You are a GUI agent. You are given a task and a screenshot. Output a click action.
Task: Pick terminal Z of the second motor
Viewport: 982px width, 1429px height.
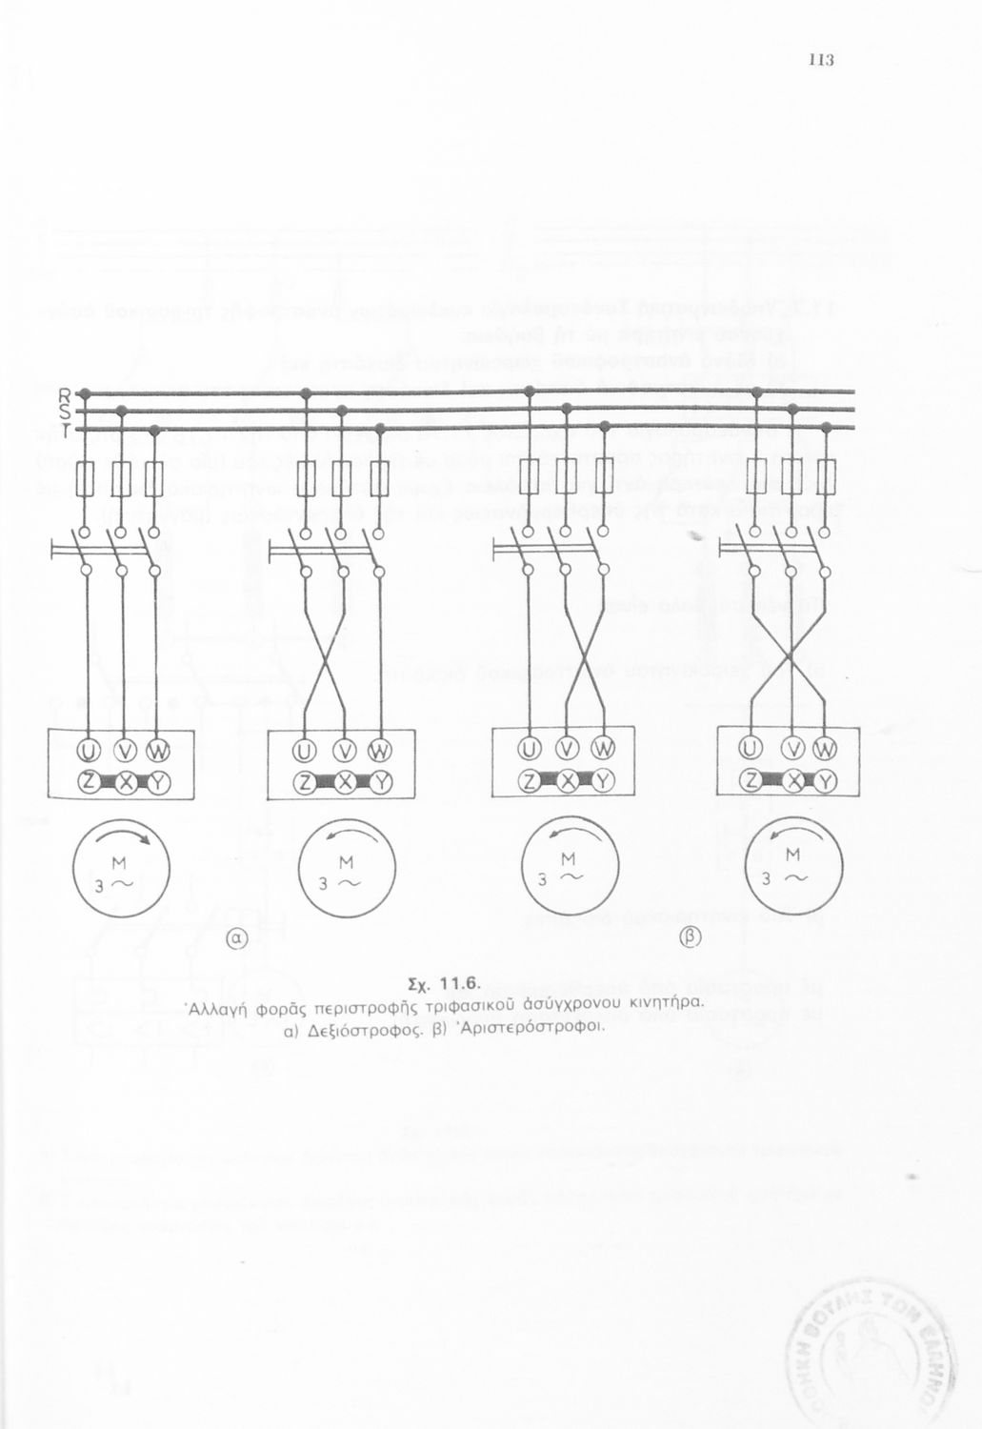point(305,783)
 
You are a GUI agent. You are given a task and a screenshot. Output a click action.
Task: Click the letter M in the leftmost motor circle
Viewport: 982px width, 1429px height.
point(121,863)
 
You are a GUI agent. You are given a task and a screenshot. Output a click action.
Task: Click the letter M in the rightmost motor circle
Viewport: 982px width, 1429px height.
point(792,856)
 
